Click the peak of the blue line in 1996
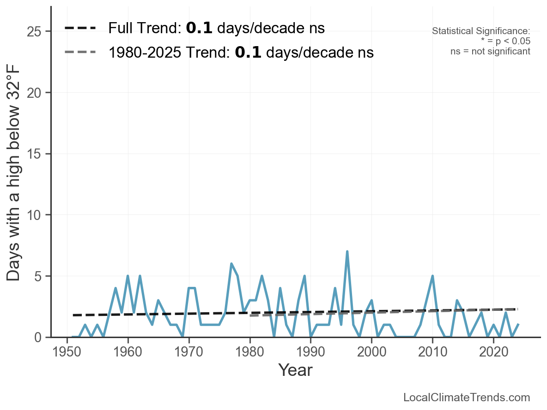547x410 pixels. point(347,252)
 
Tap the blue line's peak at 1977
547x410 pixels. point(231,264)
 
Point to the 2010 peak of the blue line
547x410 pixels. point(432,276)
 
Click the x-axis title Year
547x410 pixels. point(295,370)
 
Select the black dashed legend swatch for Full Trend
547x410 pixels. point(80,29)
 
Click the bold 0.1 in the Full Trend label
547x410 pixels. point(199,29)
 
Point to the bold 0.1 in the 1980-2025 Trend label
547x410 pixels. point(248,53)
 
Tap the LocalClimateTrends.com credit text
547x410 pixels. point(467,398)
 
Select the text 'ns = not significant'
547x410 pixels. point(490,51)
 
